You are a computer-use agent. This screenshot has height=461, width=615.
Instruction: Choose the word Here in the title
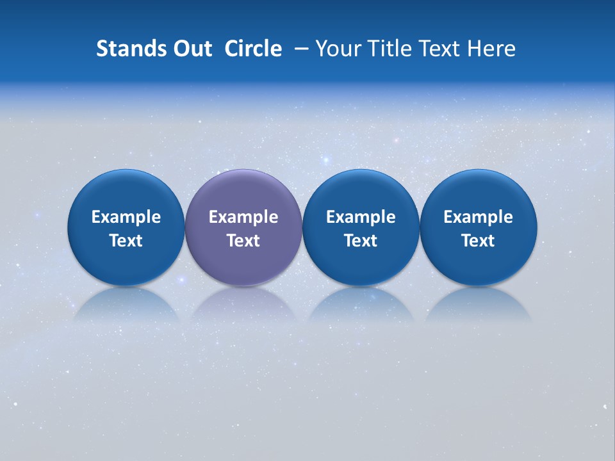click(x=492, y=49)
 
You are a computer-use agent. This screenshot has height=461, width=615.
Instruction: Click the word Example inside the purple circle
click(x=243, y=217)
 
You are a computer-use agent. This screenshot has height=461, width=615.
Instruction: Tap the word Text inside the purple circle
click(x=243, y=241)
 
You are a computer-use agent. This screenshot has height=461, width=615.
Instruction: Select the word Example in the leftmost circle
click(x=126, y=217)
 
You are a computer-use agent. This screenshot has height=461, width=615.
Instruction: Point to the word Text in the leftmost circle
click(x=126, y=241)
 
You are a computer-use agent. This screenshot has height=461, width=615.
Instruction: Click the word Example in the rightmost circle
click(x=478, y=217)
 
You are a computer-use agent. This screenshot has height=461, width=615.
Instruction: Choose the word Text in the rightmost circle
click(x=478, y=241)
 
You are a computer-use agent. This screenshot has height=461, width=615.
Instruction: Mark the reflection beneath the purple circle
click(x=243, y=305)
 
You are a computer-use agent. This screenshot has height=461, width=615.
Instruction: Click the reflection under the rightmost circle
click(x=478, y=305)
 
